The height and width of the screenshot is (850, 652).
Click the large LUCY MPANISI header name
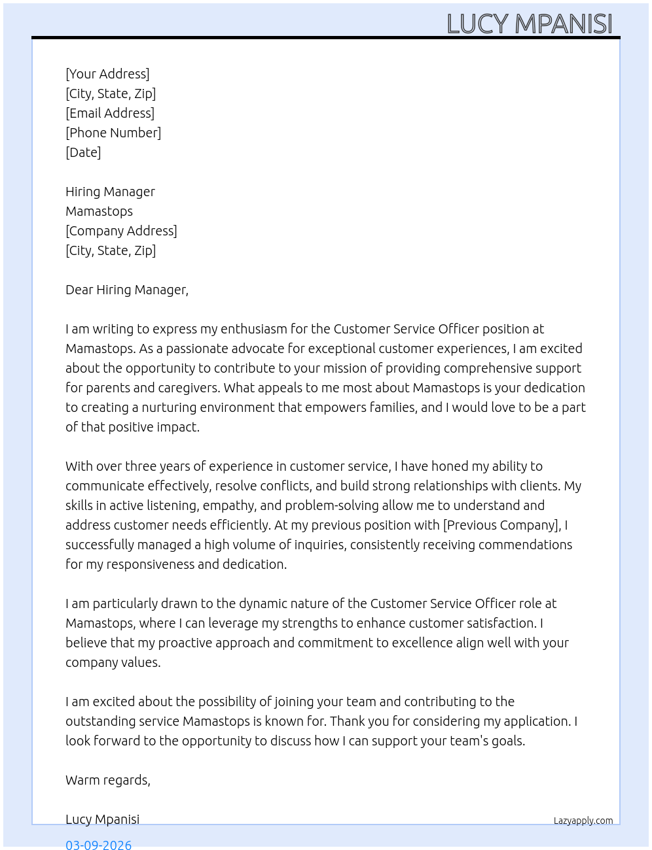pyautogui.click(x=529, y=24)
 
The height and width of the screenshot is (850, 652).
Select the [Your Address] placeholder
pyautogui.click(x=107, y=74)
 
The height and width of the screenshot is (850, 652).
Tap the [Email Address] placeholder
pyautogui.click(x=110, y=113)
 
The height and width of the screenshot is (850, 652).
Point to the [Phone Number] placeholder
pyautogui.click(x=113, y=133)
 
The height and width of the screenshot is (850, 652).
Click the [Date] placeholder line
pyautogui.click(x=83, y=152)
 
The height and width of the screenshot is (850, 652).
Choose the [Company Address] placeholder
pyautogui.click(x=121, y=231)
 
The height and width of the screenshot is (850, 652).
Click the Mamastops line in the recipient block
pyautogui.click(x=99, y=211)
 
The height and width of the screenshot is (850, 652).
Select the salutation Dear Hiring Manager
pyautogui.click(x=126, y=290)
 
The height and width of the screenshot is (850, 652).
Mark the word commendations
pyautogui.click(x=525, y=545)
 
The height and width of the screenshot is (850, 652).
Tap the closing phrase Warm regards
pyautogui.click(x=107, y=780)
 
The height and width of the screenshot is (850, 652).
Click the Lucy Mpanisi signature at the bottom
pyautogui.click(x=102, y=819)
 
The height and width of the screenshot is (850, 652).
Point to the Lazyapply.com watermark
pyautogui.click(x=583, y=821)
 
